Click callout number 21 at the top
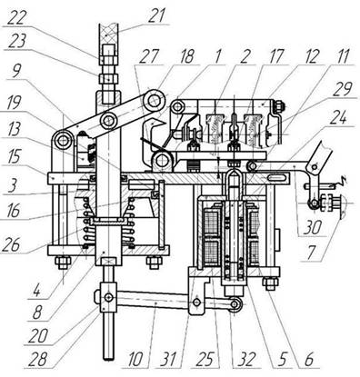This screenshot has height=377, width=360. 156,15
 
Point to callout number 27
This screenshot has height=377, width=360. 148,56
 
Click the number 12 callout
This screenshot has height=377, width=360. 312,56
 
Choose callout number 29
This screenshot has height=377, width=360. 343,89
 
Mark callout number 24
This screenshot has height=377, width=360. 337,117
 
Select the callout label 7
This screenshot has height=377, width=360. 311,253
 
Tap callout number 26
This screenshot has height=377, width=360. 11,244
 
